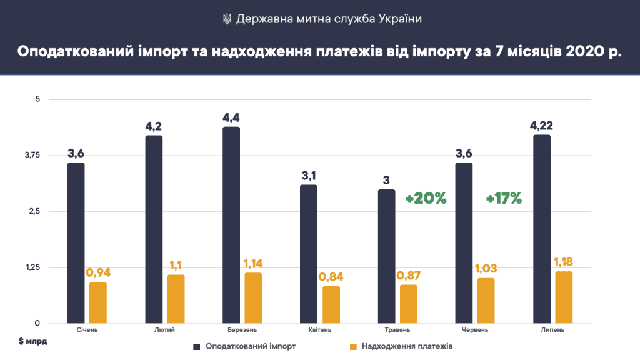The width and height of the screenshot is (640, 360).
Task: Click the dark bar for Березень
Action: (231, 225)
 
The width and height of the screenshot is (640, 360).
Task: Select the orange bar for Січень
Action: (98, 303)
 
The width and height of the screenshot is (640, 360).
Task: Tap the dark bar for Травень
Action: (387, 256)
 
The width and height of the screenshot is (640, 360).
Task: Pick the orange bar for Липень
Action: (564, 297)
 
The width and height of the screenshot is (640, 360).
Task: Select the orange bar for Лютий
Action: (176, 299)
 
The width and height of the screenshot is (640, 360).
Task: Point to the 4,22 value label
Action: (541, 126)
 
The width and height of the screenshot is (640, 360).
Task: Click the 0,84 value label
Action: (331, 277)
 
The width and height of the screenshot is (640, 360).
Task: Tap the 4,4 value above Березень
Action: (231, 117)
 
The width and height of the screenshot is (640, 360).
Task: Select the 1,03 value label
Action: (487, 269)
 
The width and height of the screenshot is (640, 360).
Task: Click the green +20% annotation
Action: (426, 199)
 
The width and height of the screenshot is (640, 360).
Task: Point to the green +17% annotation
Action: (503, 199)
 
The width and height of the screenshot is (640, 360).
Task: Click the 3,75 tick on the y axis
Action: (31, 155)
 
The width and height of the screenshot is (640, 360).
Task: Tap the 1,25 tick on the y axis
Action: (31, 267)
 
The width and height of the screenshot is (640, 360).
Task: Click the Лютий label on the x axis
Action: (163, 330)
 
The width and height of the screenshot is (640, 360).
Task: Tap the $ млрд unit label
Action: (32, 342)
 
